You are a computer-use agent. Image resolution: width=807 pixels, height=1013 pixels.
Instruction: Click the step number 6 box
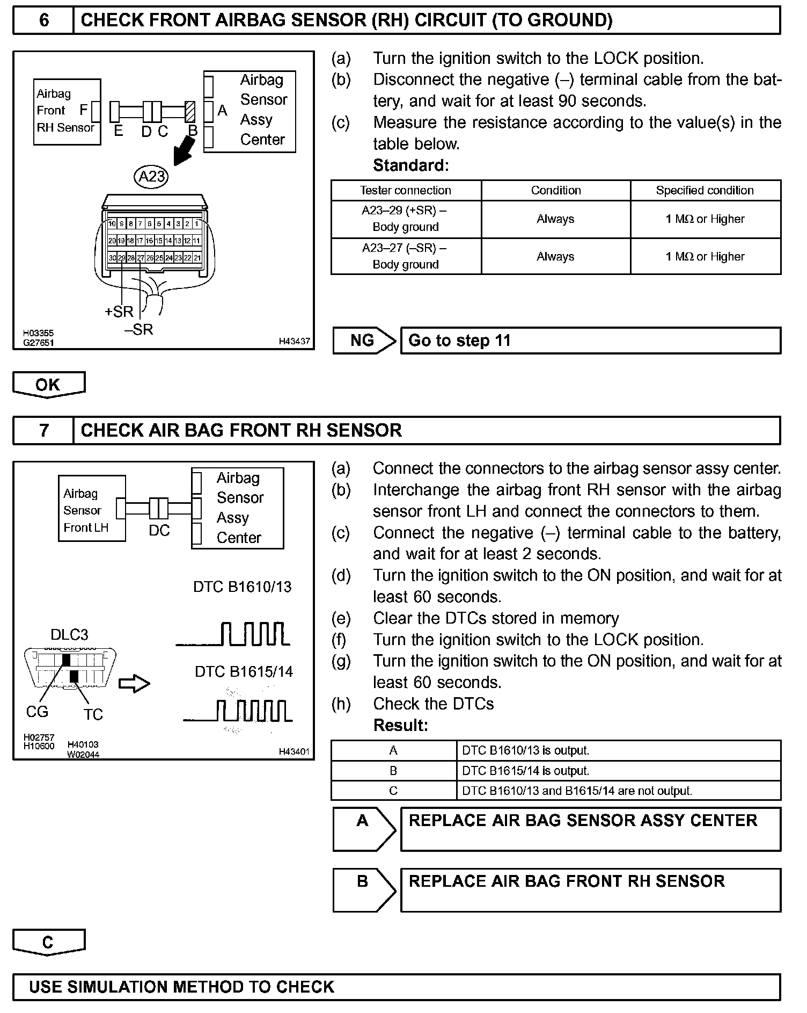[43, 20]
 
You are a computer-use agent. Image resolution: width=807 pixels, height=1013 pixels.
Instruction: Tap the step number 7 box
[43, 431]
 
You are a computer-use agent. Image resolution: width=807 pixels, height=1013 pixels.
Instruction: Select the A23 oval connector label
[151, 177]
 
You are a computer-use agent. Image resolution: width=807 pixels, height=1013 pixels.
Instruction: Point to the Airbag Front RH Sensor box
[67, 112]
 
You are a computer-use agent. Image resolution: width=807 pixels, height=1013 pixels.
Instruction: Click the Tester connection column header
[406, 191]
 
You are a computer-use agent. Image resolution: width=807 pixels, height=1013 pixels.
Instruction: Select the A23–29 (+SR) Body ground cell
[406, 219]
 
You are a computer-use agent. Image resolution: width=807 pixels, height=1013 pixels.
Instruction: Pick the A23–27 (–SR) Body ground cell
[406, 256]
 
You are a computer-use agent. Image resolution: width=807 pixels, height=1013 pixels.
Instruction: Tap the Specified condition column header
[705, 191]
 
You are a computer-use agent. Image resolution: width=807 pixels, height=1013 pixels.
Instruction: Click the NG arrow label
[364, 341]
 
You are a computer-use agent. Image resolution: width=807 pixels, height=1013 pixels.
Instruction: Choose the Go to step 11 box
[590, 341]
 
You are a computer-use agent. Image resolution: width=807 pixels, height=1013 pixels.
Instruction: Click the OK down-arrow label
[48, 385]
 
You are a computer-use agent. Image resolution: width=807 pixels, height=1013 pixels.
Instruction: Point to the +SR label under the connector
[119, 312]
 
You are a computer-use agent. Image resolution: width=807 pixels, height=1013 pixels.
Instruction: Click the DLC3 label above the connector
[69, 635]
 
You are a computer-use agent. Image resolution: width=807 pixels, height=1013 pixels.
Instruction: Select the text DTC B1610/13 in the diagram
[242, 587]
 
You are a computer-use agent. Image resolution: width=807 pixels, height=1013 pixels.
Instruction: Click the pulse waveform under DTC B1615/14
[238, 711]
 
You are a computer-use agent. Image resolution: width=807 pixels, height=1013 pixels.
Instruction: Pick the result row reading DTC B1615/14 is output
[555, 771]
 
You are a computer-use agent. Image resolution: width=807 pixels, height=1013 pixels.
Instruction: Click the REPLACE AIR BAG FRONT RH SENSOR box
[590, 890]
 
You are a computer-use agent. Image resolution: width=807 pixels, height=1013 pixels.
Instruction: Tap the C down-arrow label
[48, 943]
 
